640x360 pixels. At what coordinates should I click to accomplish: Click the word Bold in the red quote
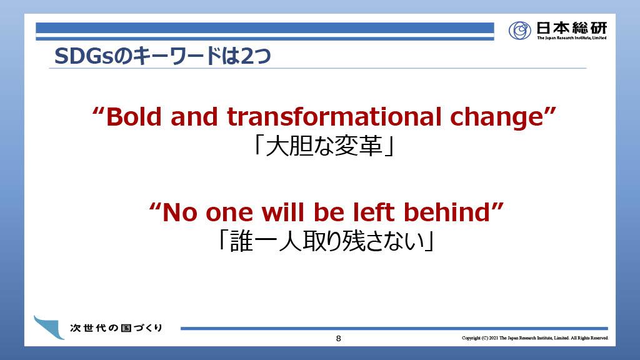[134, 117]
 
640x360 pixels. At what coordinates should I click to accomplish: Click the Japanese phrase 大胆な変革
[324, 146]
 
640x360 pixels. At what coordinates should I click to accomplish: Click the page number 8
[338, 338]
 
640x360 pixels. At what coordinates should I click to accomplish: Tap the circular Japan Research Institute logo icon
[519, 30]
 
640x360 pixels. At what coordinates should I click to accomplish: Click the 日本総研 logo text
[571, 27]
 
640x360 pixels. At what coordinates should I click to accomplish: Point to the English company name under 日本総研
[571, 38]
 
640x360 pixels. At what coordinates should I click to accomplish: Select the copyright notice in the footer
[535, 338]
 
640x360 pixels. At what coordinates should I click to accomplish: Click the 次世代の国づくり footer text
[116, 327]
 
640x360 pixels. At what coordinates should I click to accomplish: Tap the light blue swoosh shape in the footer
[49, 327]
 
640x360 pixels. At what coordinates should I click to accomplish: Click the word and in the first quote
[194, 117]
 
